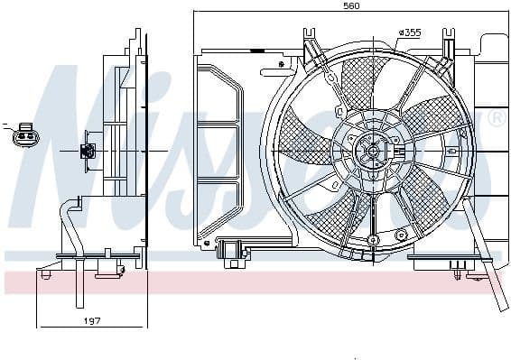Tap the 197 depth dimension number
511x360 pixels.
pos(91,319)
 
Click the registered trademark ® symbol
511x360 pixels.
pos(496,118)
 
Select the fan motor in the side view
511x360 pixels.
pos(89,151)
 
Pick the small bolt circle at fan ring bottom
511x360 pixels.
pos(373,240)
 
